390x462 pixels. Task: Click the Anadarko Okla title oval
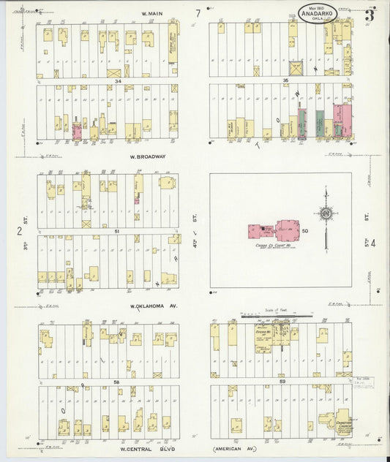317,12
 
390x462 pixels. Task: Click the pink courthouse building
277,231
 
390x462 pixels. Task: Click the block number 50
304,231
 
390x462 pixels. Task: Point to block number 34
117,83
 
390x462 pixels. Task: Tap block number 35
287,80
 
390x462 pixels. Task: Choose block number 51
116,230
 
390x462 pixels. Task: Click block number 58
116,382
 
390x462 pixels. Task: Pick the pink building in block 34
76,132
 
